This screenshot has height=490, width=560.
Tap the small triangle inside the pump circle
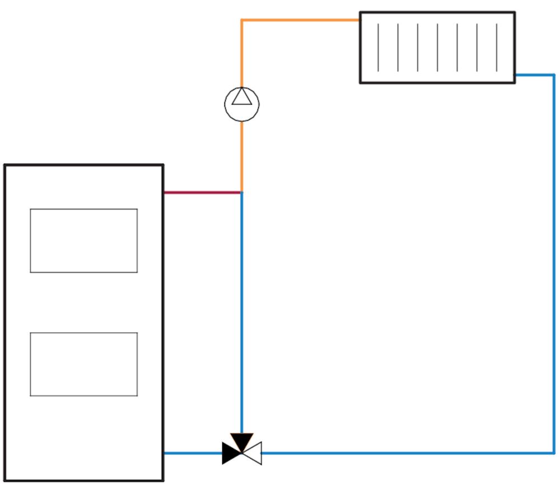[242, 97]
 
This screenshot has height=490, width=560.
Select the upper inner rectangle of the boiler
[83, 241]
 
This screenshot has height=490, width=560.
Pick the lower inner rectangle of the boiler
[83, 364]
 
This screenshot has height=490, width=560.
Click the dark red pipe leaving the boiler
[202, 193]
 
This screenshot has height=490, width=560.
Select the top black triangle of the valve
[242, 441]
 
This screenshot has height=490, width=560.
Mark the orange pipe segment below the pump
[242, 157]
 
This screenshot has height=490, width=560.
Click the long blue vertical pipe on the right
[554, 263]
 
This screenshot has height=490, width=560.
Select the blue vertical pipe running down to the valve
[242, 314]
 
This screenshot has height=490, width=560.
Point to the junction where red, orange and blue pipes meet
[242, 193]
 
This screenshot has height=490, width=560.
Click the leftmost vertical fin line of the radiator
[379, 48]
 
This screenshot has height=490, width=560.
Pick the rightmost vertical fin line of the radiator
[496, 48]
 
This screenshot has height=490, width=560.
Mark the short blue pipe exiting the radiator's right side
[534, 74]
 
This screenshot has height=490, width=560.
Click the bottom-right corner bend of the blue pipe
[554, 452]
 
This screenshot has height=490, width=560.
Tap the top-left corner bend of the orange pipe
[242, 20]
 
